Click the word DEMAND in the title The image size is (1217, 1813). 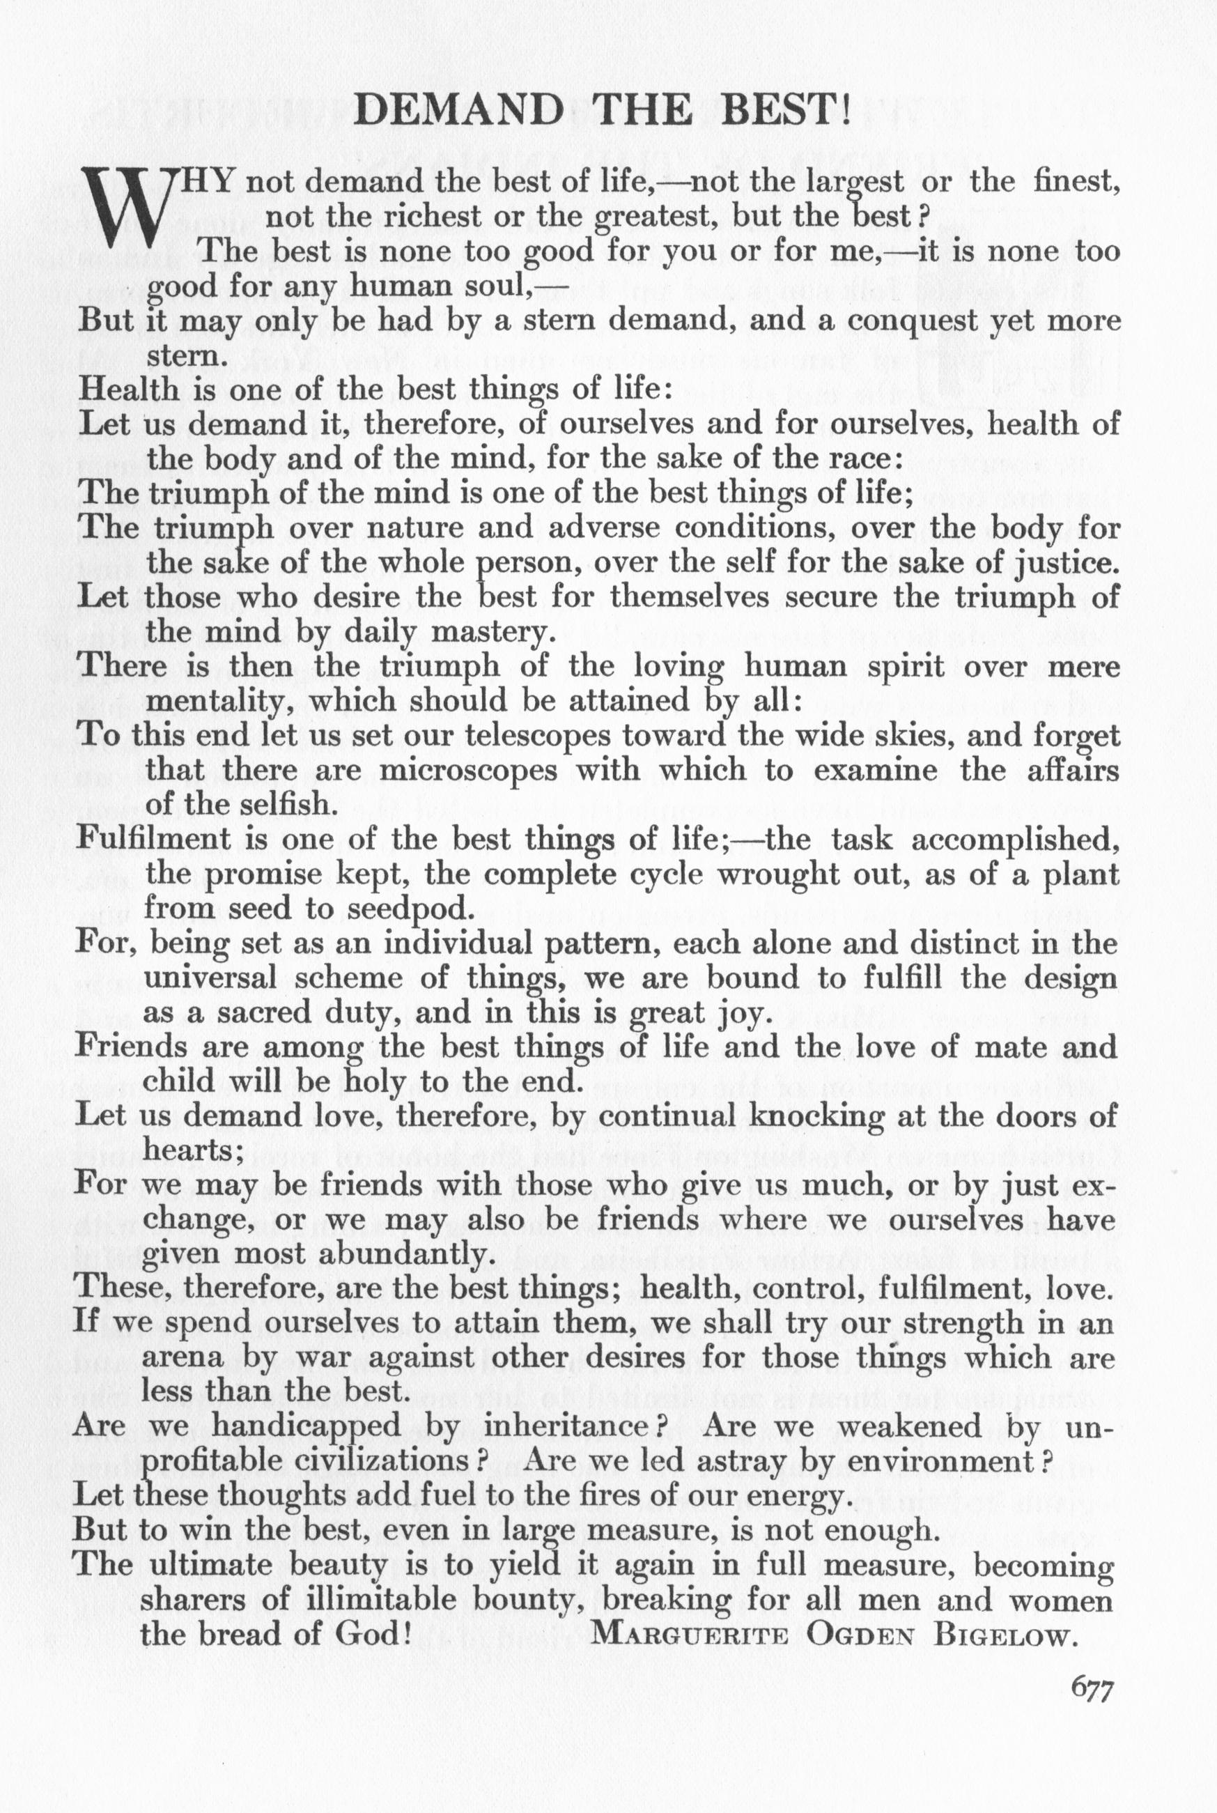458,111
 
